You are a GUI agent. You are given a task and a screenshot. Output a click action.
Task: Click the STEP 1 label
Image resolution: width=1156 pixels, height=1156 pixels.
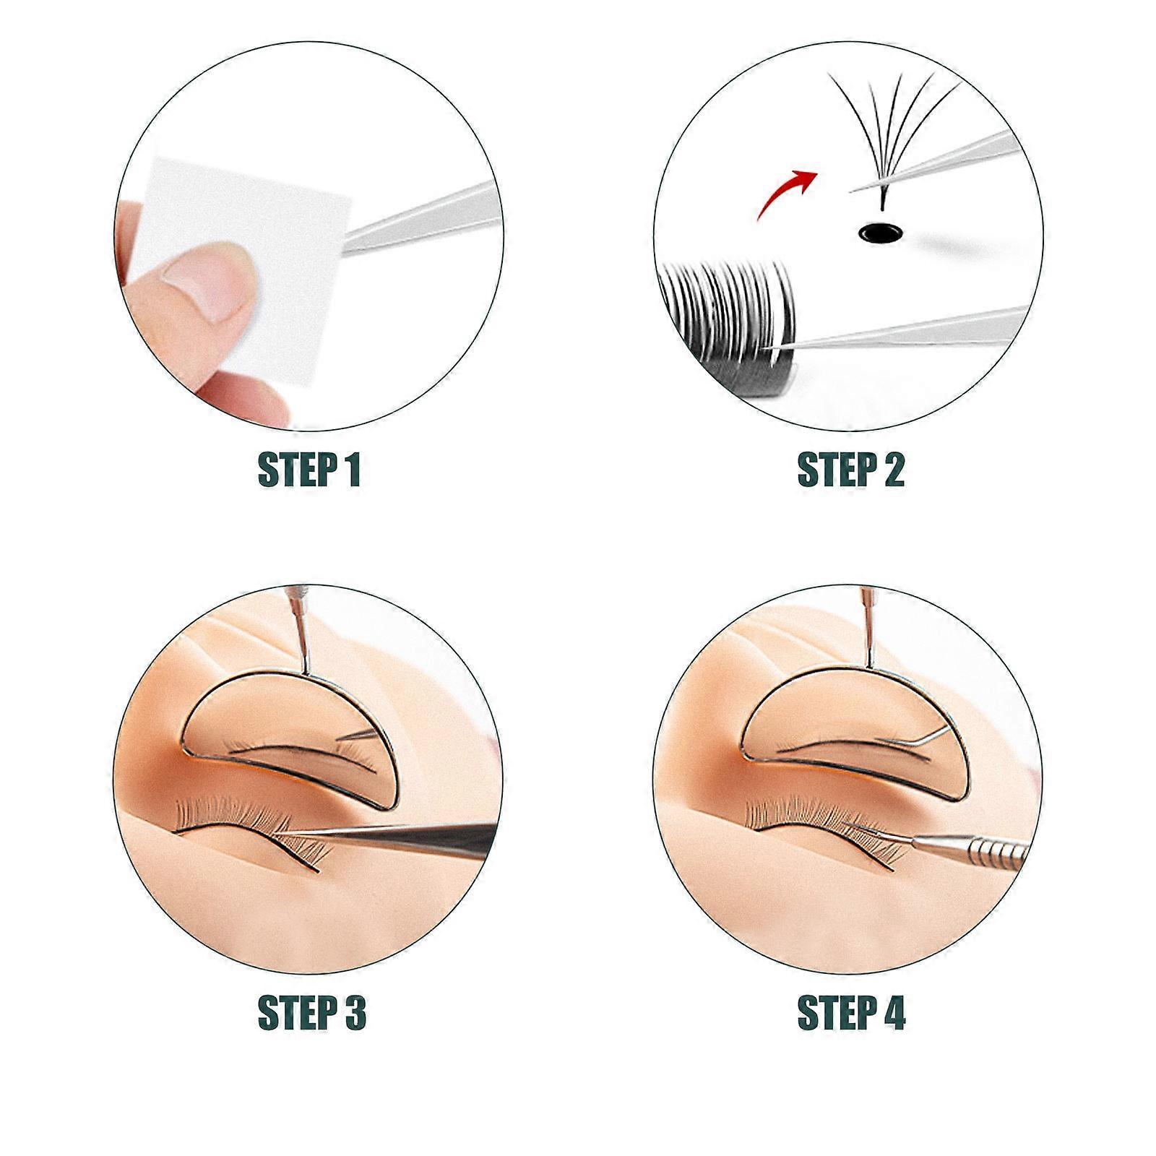tap(309, 470)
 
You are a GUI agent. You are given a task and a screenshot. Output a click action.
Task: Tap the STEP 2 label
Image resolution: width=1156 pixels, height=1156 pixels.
tap(850, 470)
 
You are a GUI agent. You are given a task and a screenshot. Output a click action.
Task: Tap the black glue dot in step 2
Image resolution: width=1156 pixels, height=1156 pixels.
tap(881, 232)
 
